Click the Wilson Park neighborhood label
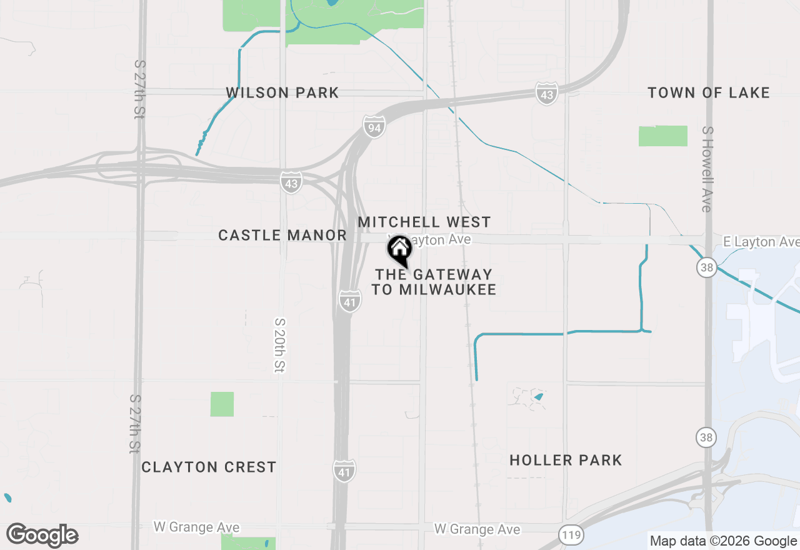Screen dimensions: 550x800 pyautogui.click(x=282, y=93)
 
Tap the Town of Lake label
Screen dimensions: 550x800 pyautogui.click(x=708, y=93)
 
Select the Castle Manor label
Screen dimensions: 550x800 pyautogui.click(x=282, y=235)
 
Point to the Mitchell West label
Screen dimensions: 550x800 pyautogui.click(x=424, y=222)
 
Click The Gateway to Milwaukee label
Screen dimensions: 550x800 pyautogui.click(x=434, y=282)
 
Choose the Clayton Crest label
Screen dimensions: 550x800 pyautogui.click(x=209, y=467)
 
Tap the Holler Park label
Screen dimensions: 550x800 pyautogui.click(x=566, y=460)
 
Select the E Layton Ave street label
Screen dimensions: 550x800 pyautogui.click(x=761, y=242)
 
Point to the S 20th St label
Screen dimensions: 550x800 pyautogui.click(x=279, y=346)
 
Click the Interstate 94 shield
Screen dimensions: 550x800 pyautogui.click(x=374, y=128)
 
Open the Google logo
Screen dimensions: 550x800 pyautogui.click(x=42, y=535)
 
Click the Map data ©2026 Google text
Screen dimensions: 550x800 pyautogui.click(x=723, y=541)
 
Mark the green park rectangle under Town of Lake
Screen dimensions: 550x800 pyautogui.click(x=662, y=136)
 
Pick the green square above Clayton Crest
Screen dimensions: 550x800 pyautogui.click(x=222, y=404)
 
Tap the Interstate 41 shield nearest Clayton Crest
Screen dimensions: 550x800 pyautogui.click(x=345, y=470)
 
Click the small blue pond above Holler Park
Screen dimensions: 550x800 pyautogui.click(x=539, y=396)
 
